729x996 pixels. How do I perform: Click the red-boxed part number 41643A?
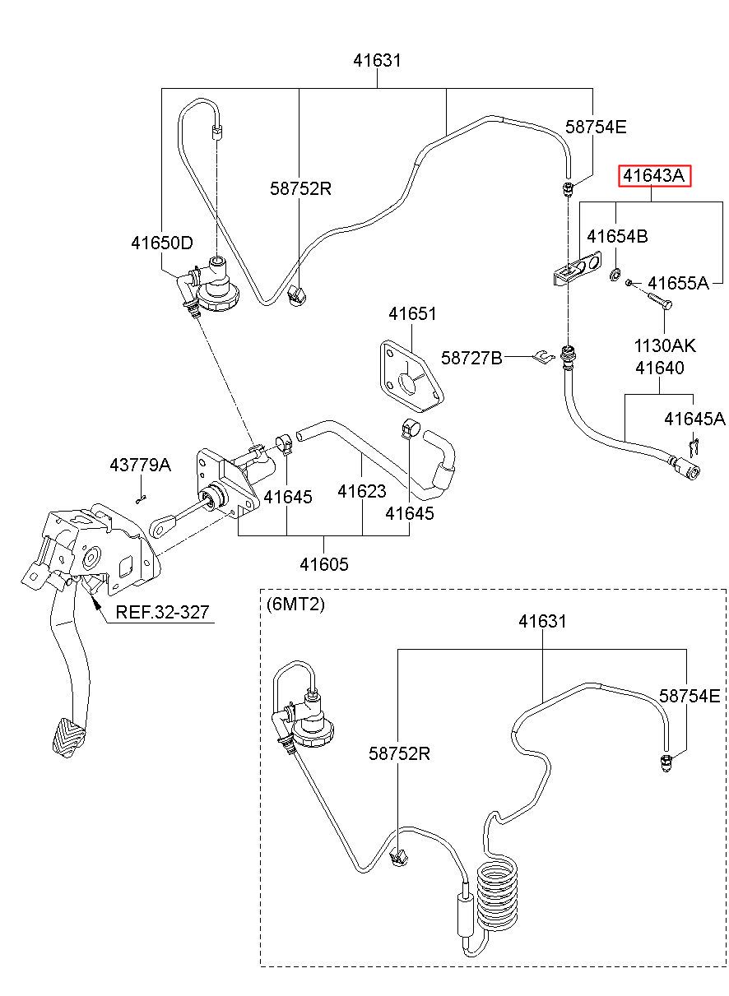coord(653,176)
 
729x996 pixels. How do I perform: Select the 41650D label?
coord(162,243)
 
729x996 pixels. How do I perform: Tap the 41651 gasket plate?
coord(411,377)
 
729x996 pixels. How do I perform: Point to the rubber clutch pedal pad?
coord(67,738)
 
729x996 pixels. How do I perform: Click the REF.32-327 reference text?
coord(162,612)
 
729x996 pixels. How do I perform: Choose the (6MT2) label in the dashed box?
coord(295,604)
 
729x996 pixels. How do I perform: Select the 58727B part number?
coord(471,358)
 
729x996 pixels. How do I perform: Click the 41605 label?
coord(324,564)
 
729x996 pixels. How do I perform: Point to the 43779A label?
coord(140,465)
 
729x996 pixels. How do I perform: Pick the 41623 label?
coord(361,491)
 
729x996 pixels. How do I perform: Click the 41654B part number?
coord(617,236)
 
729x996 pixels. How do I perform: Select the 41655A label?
coord(678,283)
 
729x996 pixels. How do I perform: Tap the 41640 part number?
coord(660,368)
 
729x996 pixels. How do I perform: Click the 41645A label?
coord(694,419)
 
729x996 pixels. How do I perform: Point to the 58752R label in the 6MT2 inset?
coord(399,753)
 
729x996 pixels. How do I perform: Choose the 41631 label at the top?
coord(377,60)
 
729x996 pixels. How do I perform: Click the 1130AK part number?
coord(665,345)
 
